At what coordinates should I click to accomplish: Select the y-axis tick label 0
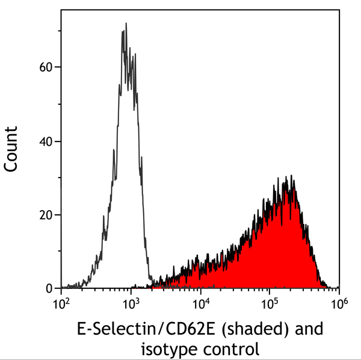[x=51, y=288]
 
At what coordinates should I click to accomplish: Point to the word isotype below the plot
[x=170, y=347]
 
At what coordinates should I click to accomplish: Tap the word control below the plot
[x=232, y=347]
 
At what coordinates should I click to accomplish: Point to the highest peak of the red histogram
[x=292, y=176]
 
